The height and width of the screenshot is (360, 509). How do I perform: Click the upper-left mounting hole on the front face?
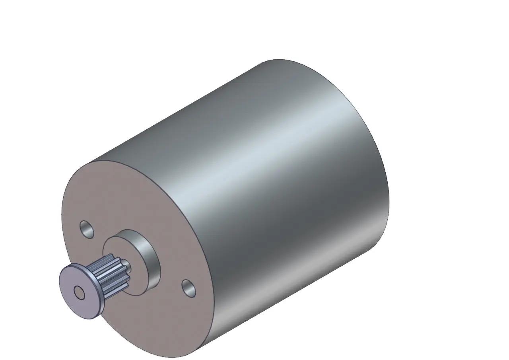coord(87,230)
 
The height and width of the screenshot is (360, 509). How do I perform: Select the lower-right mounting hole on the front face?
coord(189,288)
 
